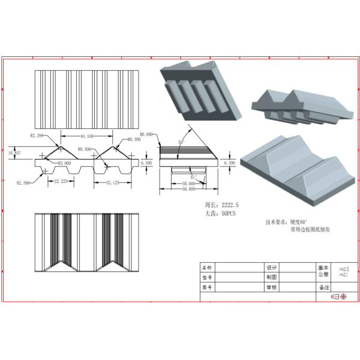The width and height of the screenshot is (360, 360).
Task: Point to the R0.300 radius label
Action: [x=134, y=140]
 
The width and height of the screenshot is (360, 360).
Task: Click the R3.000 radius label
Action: [x=64, y=163]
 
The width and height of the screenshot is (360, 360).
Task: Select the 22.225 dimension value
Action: [x=59, y=181]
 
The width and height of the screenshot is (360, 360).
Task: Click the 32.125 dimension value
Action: [x=113, y=181]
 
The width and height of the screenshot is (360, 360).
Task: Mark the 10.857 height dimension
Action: [x=14, y=153]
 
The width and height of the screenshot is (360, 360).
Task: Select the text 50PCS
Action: [x=229, y=214]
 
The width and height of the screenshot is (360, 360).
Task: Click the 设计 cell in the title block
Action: [x=271, y=267]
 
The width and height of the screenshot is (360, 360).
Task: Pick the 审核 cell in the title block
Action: [x=271, y=287]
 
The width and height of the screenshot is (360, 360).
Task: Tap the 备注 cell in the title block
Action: [x=324, y=287]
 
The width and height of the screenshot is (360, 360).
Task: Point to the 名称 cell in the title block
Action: [x=207, y=267]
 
